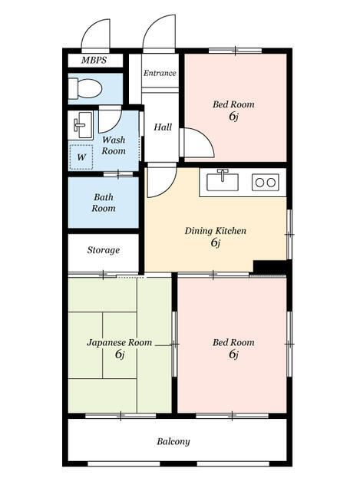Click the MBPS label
click(94, 60)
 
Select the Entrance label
click(160, 73)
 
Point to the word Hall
click(163, 127)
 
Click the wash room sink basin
click(81, 124)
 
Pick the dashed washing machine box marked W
click(81, 157)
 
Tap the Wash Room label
click(114, 145)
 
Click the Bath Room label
click(104, 203)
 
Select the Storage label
click(104, 250)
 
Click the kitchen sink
click(223, 181)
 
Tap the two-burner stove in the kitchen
click(266, 182)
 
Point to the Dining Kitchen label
click(215, 231)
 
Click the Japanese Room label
click(120, 343)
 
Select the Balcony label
click(173, 442)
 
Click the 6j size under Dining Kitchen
click(216, 242)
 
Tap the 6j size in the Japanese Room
click(120, 354)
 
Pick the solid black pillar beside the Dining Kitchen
click(271, 266)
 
